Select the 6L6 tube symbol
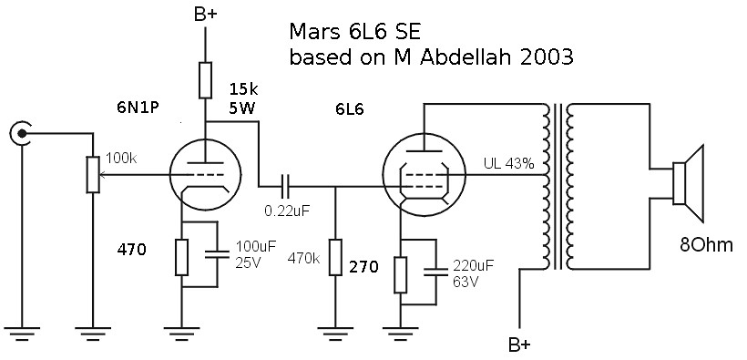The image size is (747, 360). [x=420, y=173]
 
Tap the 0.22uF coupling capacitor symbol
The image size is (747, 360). [x=287, y=188]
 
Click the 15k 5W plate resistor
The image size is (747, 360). [x=207, y=81]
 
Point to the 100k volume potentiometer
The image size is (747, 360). [x=93, y=174]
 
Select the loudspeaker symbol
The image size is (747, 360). [x=690, y=183]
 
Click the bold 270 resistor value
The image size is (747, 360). [x=363, y=267]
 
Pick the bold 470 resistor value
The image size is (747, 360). [x=132, y=248]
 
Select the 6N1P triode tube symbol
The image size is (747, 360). [x=206, y=172]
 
